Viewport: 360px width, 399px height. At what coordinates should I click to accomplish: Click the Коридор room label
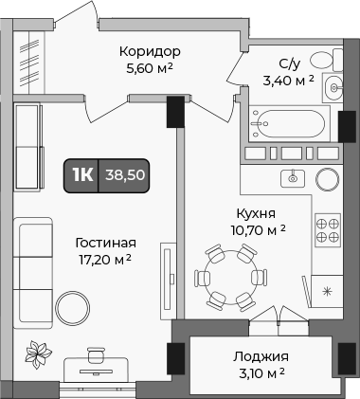(150, 50)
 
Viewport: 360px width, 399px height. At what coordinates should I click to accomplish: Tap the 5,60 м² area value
(150, 67)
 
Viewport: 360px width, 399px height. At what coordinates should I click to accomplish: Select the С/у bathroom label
(290, 63)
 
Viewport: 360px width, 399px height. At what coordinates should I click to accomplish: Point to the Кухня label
(257, 213)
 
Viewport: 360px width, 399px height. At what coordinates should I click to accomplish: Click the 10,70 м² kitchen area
(256, 230)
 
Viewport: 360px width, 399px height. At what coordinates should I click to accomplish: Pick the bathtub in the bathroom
(292, 123)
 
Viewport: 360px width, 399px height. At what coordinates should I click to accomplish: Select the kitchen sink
(293, 177)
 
